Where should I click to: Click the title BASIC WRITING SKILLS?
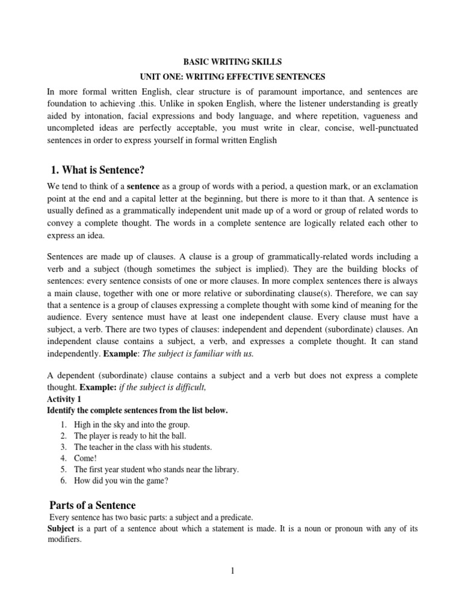[x=232, y=62]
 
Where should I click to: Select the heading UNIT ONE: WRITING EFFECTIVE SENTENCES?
[x=232, y=77]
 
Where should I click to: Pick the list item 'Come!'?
[x=85, y=458]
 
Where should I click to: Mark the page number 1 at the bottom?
[x=232, y=571]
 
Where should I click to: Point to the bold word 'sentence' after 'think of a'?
[x=142, y=186]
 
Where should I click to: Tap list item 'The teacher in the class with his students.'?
[x=143, y=447]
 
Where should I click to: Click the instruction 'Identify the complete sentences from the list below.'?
[x=138, y=410]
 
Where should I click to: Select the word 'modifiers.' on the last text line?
[x=64, y=540]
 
